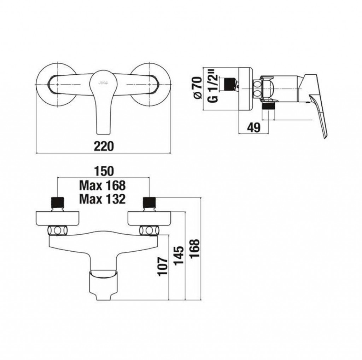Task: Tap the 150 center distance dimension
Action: click(104, 171)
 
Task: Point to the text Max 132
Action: click(103, 199)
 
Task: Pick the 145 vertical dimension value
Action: click(179, 256)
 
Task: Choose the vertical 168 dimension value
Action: click(195, 248)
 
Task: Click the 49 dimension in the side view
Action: click(254, 127)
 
